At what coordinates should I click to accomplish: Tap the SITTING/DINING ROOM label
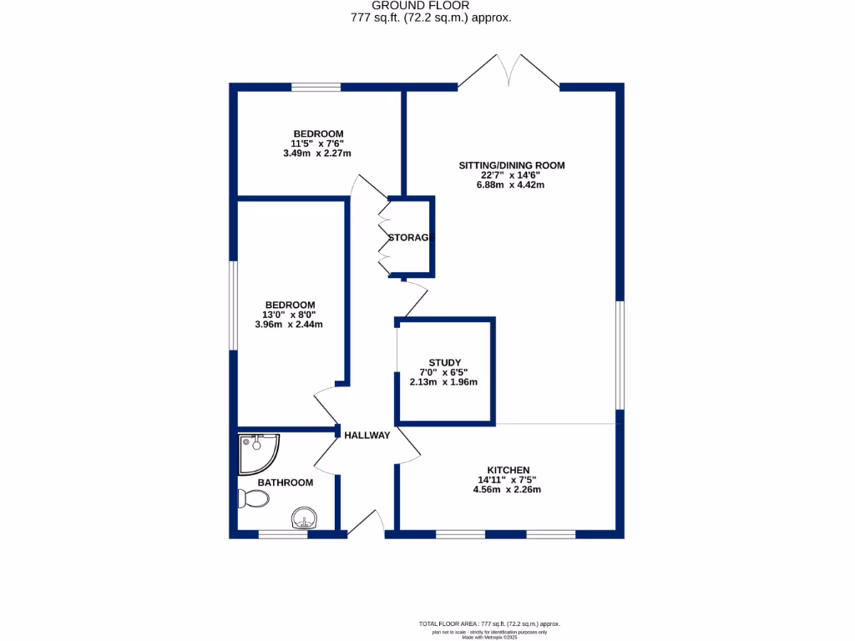coord(511,165)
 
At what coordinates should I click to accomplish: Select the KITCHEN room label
coord(509,470)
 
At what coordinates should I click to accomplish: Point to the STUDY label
coord(445,362)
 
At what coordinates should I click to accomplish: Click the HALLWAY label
coord(367,435)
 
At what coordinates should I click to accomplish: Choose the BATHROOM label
coord(285,482)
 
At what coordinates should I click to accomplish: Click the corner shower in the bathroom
coord(257,453)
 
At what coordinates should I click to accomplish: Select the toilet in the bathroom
coord(253,499)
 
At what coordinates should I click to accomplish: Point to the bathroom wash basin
coord(304,519)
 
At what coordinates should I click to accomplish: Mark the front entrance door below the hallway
coord(366,523)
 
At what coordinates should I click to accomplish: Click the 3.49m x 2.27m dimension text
coord(317,154)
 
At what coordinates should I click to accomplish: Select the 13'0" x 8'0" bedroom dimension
coord(290,315)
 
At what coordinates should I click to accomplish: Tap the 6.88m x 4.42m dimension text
coord(511,185)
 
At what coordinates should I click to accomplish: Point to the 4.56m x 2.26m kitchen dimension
coord(509,490)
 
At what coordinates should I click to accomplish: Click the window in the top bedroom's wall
coord(316,87)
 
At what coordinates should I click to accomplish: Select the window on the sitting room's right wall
coord(620,356)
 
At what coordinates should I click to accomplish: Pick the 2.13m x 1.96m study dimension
coord(444,382)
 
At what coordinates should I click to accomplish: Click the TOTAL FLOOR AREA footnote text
coord(488,623)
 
